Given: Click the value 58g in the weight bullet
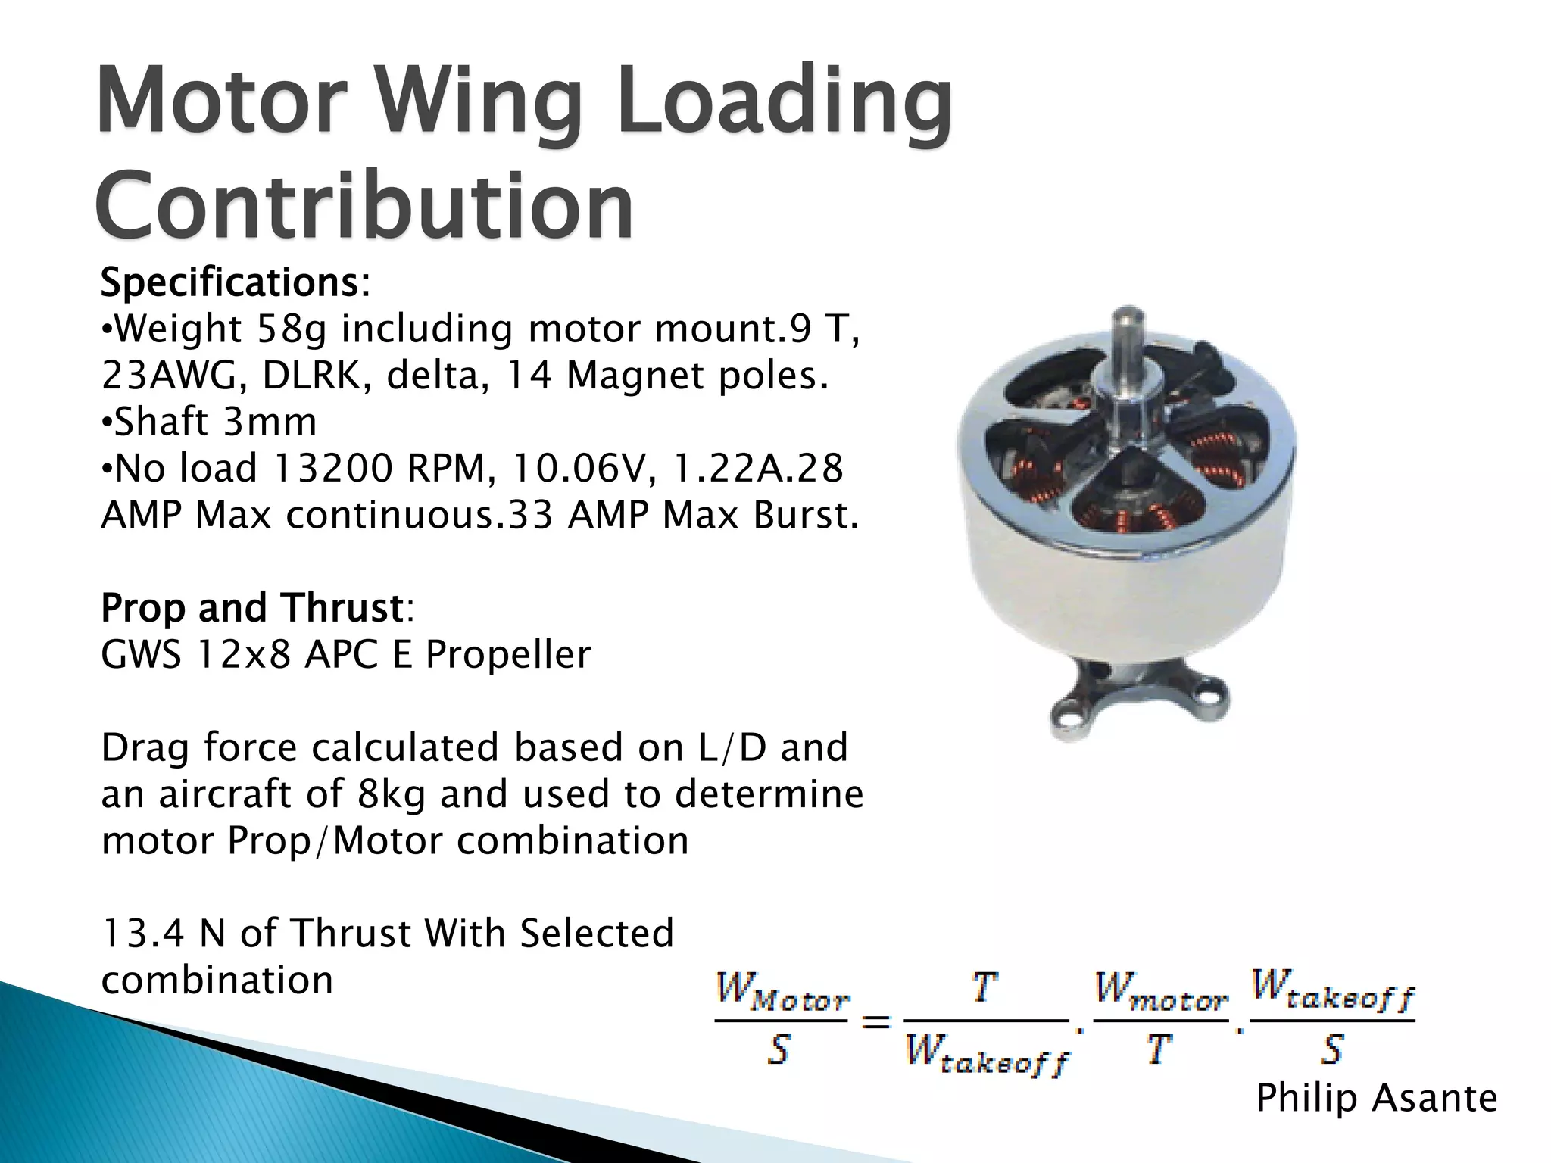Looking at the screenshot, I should (x=292, y=329).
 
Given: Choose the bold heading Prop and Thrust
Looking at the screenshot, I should (x=253, y=608).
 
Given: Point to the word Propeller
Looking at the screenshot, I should (x=507, y=655).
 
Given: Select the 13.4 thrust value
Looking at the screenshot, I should (x=143, y=934).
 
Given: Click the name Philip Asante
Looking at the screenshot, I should (x=1376, y=1098).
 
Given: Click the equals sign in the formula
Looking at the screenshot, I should (x=876, y=1023).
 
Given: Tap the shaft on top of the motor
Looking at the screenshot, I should (x=1128, y=341).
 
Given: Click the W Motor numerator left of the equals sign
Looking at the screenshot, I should (x=782, y=993).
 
